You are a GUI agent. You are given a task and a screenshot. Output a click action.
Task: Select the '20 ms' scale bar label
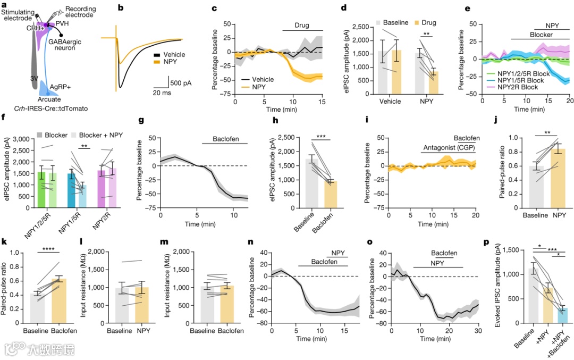point(165,93)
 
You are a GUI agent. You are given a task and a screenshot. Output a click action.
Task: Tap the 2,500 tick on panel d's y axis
point(359,27)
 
